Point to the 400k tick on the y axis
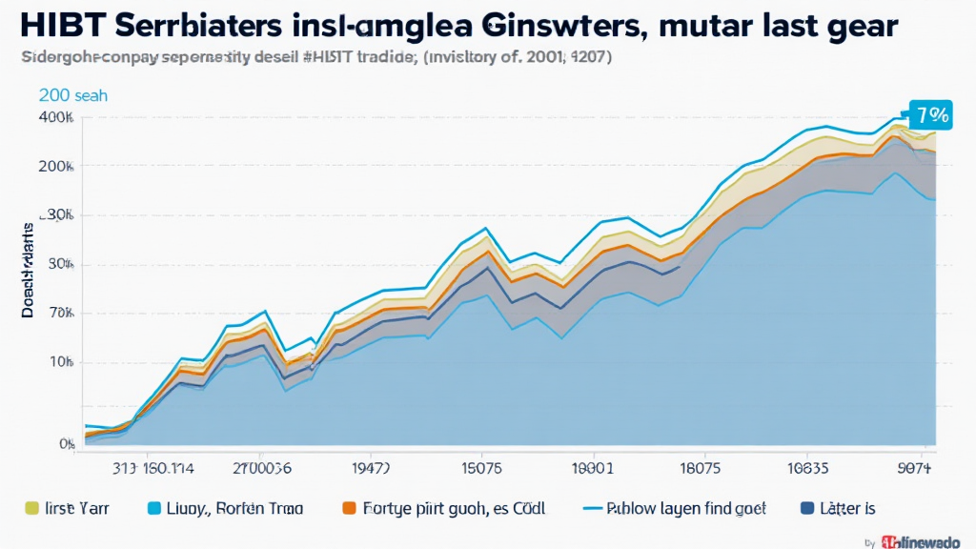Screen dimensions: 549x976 point(56,118)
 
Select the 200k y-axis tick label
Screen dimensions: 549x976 point(56,166)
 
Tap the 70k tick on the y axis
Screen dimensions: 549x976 point(60,314)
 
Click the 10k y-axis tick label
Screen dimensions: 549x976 point(60,363)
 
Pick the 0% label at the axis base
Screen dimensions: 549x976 point(67,444)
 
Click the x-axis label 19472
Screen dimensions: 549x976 point(371,469)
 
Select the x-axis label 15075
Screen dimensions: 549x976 point(480,469)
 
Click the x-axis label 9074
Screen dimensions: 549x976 point(915,469)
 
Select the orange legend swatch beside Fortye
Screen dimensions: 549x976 point(350,508)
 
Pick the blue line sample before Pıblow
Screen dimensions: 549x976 point(593,508)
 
